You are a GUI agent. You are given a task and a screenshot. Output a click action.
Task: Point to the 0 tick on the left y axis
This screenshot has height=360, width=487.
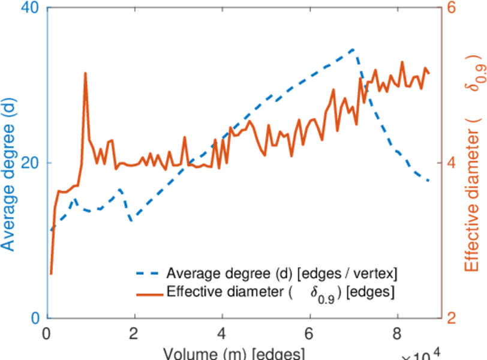(x=35, y=317)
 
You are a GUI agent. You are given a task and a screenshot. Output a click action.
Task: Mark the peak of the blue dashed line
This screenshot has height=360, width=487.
(x=354, y=49)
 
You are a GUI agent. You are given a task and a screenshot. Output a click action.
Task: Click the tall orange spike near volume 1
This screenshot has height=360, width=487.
(x=85, y=73)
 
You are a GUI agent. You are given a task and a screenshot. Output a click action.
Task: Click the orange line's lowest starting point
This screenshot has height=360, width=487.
(x=51, y=274)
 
